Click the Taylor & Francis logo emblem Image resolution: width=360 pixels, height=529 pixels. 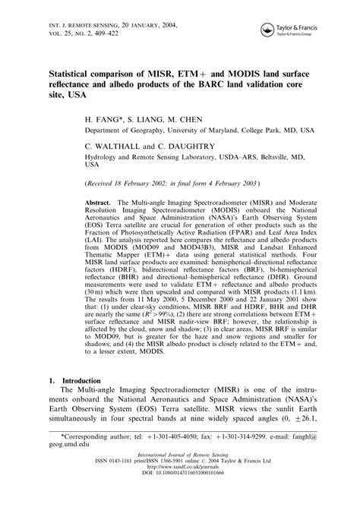click(x=267, y=30)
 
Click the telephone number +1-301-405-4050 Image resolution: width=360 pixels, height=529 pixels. click(x=155, y=480)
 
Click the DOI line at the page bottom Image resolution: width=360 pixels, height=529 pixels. click(x=179, y=523)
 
